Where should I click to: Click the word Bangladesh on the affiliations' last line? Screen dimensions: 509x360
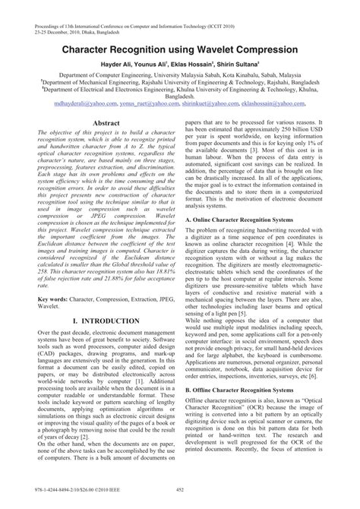click(x=180, y=95)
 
